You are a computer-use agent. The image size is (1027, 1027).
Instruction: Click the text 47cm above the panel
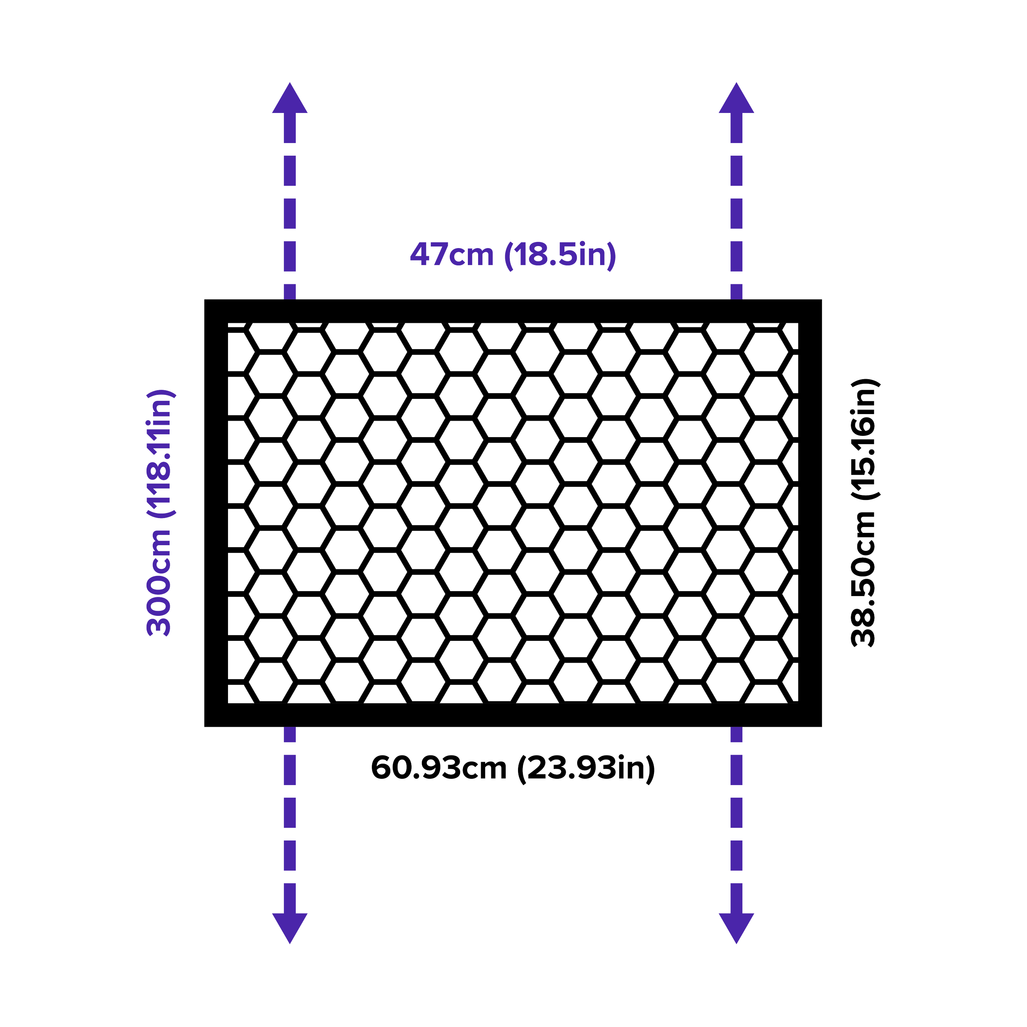click(451, 255)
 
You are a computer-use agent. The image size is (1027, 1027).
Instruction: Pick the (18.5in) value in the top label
click(560, 255)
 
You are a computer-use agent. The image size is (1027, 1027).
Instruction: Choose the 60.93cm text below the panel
click(439, 768)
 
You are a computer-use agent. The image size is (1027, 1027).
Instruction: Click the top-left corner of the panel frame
click(205, 300)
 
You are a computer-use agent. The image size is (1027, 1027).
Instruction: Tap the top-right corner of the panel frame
click(822, 300)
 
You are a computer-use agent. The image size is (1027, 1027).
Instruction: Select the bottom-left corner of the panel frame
click(205, 726)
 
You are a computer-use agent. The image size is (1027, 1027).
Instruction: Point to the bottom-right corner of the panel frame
click(822, 726)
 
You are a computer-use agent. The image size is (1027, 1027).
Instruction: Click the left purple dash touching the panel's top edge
click(290, 291)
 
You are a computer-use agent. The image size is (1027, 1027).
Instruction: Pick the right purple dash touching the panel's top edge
click(736, 291)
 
